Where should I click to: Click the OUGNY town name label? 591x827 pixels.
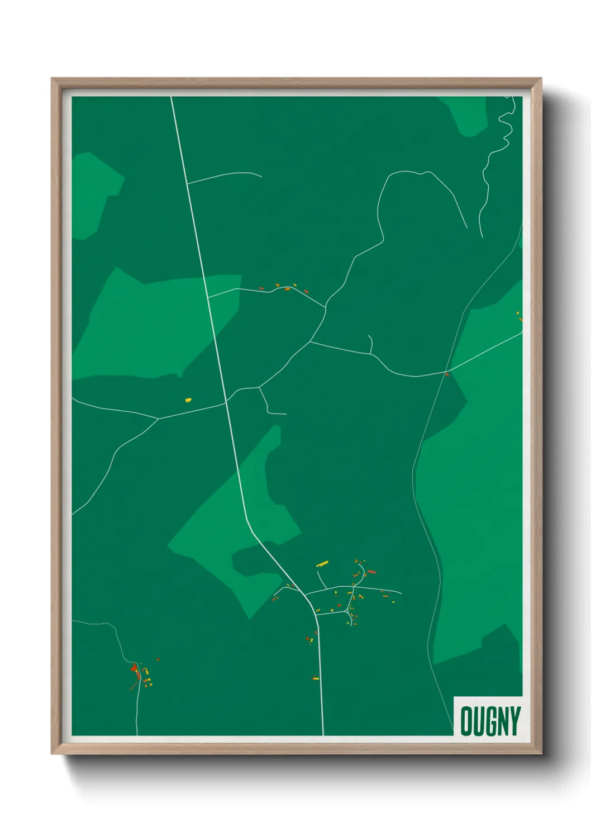pos(490,721)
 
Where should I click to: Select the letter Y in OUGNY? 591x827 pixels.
pos(514,721)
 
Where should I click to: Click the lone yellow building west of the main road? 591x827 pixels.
pos(188,400)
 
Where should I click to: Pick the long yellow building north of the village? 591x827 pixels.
pos(322,564)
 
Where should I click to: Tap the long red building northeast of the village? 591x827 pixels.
pos(371,572)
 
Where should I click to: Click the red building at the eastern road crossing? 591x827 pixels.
pos(447,374)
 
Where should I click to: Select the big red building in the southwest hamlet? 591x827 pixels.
pos(134,668)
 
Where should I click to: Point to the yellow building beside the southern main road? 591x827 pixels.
pos(315,678)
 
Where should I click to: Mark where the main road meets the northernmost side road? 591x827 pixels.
pos(187,183)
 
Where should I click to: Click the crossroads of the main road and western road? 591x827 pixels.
pos(226,401)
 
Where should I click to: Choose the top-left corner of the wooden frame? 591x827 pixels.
pos(52,79)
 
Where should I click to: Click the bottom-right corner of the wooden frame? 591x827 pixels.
pos(541,754)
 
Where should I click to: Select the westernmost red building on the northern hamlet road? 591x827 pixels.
pos(261,288)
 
